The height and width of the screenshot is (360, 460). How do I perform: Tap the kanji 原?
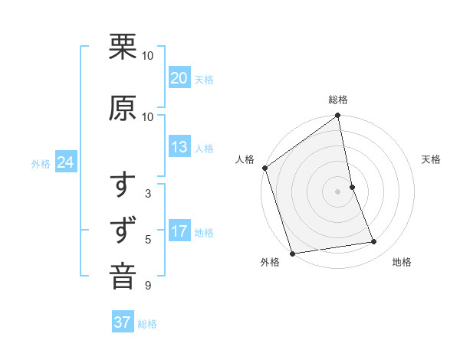point(123,108)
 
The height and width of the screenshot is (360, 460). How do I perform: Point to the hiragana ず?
point(123,231)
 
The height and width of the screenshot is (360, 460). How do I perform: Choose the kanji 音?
point(123,277)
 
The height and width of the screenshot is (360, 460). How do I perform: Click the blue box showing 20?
point(179,78)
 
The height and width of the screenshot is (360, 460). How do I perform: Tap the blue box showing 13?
point(179,147)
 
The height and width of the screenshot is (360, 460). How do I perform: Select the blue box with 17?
point(179,232)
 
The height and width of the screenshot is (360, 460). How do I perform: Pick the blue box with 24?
point(66,162)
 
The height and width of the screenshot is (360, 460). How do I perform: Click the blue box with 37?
point(123,322)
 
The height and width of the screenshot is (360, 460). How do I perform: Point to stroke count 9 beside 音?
point(148,286)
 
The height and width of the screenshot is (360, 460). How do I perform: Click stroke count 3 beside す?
point(148,194)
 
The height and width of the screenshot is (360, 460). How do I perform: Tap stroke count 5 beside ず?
point(148,240)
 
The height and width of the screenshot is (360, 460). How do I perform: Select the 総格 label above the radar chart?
point(338,100)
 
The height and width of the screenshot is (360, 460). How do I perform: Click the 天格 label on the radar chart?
point(432,159)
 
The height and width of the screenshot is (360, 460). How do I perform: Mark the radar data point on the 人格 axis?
point(264,168)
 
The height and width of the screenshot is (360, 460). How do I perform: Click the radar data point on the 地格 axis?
point(374,242)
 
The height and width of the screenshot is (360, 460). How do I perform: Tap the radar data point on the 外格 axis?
point(291,253)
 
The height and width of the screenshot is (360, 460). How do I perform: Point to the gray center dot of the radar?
point(337,191)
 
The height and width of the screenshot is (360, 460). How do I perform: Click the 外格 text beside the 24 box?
point(41,163)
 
